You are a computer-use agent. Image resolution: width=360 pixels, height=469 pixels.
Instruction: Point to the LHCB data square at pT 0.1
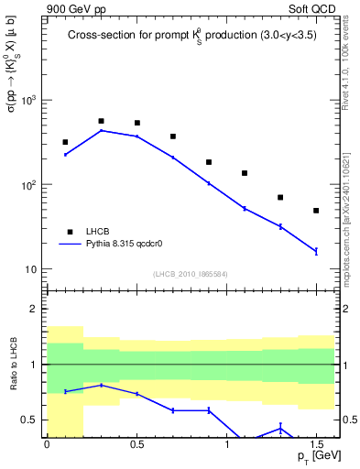pos(65,142)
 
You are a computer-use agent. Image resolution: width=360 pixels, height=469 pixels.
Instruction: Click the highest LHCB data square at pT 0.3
pos(101,121)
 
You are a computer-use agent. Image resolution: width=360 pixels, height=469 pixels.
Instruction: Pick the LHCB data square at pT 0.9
pos(209,162)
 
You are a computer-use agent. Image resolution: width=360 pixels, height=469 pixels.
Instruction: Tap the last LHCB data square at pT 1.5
pos(316,211)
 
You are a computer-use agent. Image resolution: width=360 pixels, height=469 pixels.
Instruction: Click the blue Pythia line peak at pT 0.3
pos(101,130)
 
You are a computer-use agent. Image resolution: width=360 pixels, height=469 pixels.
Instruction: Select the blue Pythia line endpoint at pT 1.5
pos(316,251)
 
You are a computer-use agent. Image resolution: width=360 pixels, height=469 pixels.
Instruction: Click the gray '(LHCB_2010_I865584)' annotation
pos(190,274)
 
